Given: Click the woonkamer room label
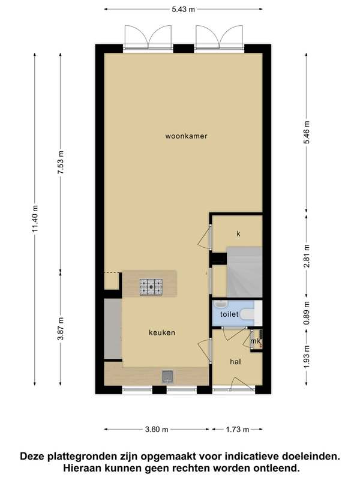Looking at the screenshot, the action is point(186,136).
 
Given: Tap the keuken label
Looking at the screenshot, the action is point(162,332).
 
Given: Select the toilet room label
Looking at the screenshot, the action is point(229,314).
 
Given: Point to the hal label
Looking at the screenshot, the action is point(235,362).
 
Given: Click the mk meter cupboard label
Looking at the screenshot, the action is point(256,341).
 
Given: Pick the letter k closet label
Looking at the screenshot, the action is point(238,234).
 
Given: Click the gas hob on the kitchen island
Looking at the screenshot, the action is point(151,287).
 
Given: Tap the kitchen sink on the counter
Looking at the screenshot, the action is point(167,377).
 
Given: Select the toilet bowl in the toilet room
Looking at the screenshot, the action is point(247,314).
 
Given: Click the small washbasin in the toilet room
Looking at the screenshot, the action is point(220,304).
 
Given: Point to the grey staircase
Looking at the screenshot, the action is point(244,272).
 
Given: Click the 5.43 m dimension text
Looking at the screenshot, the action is point(184,9).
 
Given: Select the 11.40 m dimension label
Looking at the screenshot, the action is point(35,218).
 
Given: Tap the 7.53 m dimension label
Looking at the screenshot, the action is point(61,163).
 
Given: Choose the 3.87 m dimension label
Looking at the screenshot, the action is point(61,328).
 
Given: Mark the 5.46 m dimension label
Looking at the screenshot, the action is point(307,132).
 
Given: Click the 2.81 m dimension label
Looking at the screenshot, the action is point(307,256).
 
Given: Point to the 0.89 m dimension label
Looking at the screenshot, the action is point(307,313).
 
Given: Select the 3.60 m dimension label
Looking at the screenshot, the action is point(157,430).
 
